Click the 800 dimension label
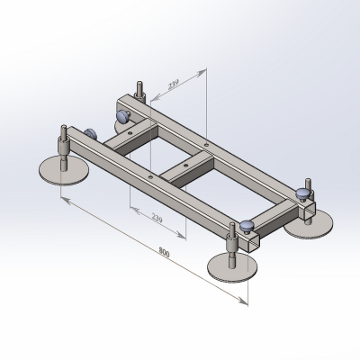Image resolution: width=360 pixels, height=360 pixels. click(x=164, y=253)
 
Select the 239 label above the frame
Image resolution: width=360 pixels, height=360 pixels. click(x=174, y=85)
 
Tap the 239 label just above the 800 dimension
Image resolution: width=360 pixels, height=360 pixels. click(x=157, y=218)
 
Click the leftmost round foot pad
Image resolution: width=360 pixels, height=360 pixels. click(x=64, y=170)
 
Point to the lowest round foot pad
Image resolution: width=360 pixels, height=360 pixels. click(x=232, y=267)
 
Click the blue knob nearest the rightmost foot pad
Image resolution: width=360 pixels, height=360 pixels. click(x=303, y=193)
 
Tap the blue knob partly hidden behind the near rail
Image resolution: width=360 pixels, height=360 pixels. click(x=90, y=133)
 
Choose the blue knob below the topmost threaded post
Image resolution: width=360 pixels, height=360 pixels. click(x=123, y=116)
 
